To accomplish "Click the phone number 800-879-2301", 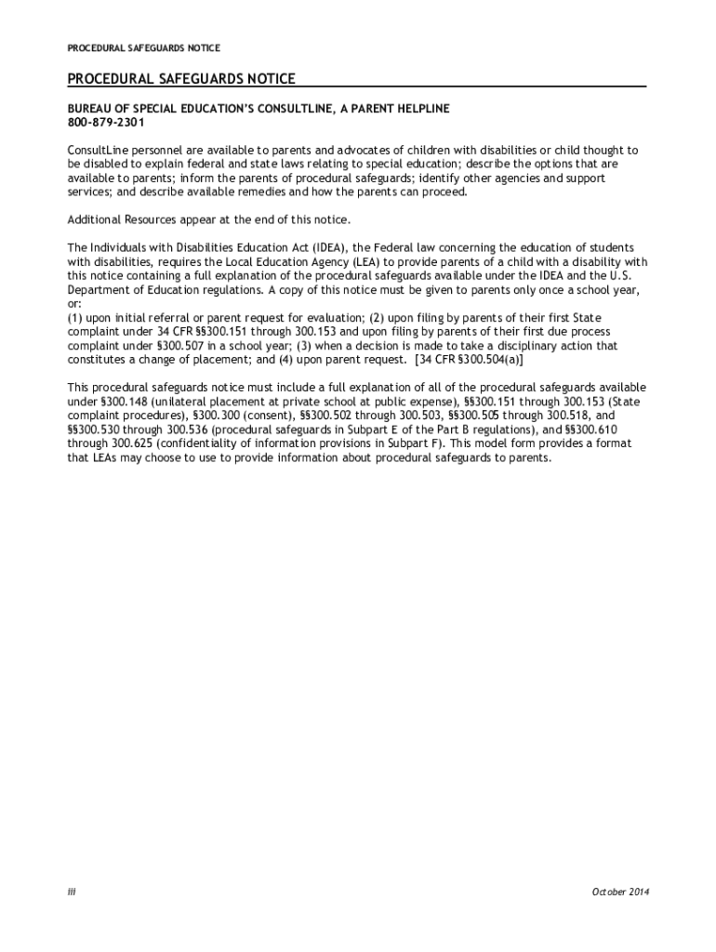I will (106, 123).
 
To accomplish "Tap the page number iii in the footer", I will (71, 892).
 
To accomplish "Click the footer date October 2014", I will (620, 892).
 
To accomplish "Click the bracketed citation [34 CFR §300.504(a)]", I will (457, 359).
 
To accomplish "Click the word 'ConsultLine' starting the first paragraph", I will (98, 150).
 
